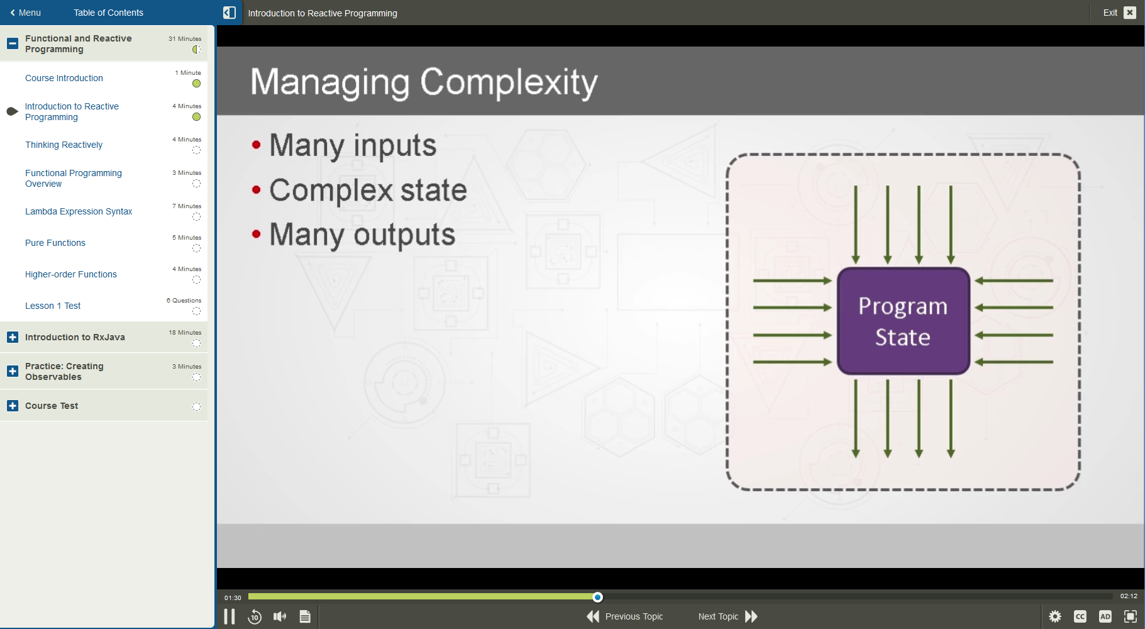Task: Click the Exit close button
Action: (1129, 13)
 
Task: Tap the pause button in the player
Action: (230, 616)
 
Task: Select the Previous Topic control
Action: (625, 616)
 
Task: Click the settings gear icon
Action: (1055, 616)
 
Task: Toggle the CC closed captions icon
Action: (1080, 616)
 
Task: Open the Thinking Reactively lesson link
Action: (64, 145)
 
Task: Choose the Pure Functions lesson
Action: (55, 243)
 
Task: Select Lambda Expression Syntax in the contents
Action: (79, 211)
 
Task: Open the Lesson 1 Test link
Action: (53, 306)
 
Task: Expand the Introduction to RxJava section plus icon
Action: (13, 337)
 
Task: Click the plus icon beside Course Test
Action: (13, 406)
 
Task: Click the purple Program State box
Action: (903, 321)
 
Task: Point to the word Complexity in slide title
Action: (509, 82)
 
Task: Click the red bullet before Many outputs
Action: (256, 234)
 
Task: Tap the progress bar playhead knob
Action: (597, 597)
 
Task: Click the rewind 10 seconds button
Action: (255, 616)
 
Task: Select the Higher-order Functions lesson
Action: (71, 274)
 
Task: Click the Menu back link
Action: (25, 13)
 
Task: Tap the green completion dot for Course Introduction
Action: (196, 84)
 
